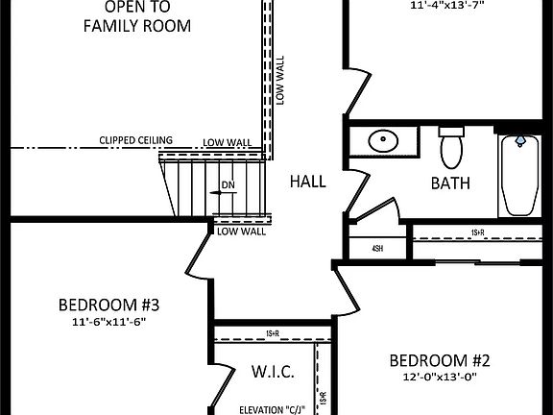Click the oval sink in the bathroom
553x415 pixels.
click(384, 141)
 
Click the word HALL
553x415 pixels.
click(308, 181)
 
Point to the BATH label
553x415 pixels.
click(449, 183)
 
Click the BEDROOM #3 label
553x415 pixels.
click(108, 305)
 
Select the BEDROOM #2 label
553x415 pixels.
click(439, 361)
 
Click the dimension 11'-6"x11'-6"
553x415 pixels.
click(108, 323)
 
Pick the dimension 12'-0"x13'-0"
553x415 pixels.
click(439, 378)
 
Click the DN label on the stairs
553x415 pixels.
click(228, 183)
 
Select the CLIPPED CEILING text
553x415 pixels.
click(135, 141)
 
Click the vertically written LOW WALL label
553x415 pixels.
click(280, 80)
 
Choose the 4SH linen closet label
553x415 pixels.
click(377, 248)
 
